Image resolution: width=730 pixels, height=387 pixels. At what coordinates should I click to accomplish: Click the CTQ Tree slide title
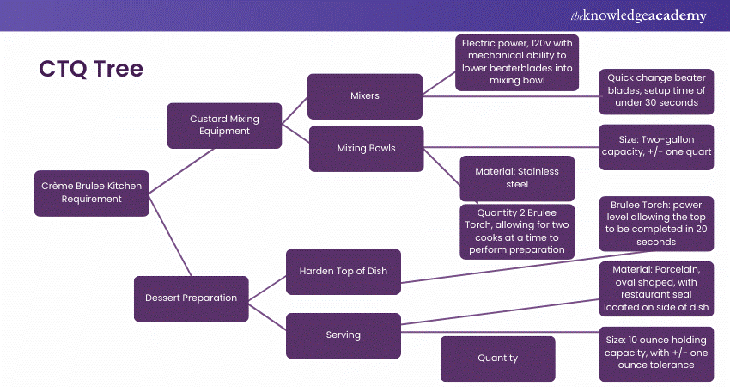[x=90, y=69]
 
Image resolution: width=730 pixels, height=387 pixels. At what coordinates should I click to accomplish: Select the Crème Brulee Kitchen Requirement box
[x=91, y=192]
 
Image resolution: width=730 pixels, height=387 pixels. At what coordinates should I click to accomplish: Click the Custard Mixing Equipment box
[x=223, y=125]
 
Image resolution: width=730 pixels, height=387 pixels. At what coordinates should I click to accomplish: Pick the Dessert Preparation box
[x=191, y=298]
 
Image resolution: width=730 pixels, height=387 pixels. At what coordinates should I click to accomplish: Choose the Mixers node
[x=365, y=96]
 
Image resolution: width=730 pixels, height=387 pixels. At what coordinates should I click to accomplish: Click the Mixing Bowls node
[x=366, y=148]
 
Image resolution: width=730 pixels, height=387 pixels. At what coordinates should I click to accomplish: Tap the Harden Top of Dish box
[x=343, y=271]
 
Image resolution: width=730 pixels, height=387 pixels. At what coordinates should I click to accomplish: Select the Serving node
[x=343, y=335]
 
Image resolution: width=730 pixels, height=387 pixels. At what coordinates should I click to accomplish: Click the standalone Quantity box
[x=498, y=359]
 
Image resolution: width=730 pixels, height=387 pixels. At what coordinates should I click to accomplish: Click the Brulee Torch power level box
[x=657, y=224]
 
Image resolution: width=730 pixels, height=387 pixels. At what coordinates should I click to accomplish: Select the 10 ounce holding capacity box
[x=657, y=353]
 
